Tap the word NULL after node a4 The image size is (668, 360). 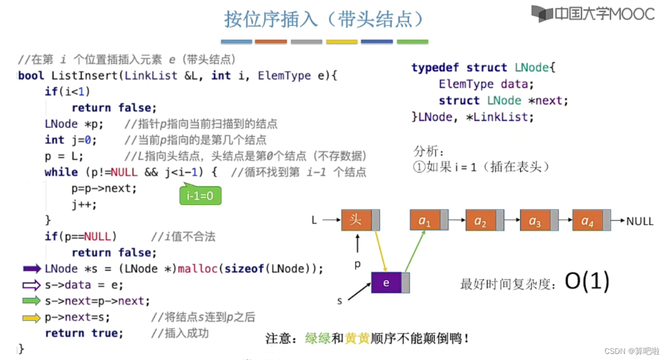coord(640,221)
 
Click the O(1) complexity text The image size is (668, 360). coord(587,282)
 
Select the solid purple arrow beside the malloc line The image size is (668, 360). coord(32,269)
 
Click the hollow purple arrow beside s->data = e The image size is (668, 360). coord(32,285)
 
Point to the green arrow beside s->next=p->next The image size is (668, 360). coord(32,301)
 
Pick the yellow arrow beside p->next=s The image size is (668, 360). coord(32,318)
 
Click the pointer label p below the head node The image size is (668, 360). coord(357,265)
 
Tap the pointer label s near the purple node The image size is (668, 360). coord(340,301)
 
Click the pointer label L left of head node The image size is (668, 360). coord(314,221)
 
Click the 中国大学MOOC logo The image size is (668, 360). coord(593,14)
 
